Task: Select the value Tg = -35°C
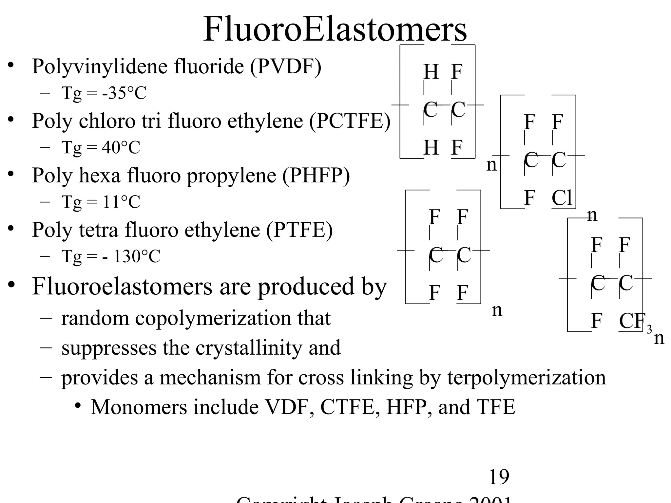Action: tap(104, 93)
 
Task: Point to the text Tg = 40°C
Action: tap(101, 147)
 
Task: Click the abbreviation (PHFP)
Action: tap(316, 176)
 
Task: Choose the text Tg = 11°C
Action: tap(101, 202)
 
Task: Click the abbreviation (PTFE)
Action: tap(299, 230)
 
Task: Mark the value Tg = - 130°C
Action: tap(111, 256)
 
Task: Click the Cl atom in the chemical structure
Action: tap(562, 198)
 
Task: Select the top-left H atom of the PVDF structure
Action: tap(431, 72)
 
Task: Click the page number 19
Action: tap(499, 477)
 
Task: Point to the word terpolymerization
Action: tap(527, 378)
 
